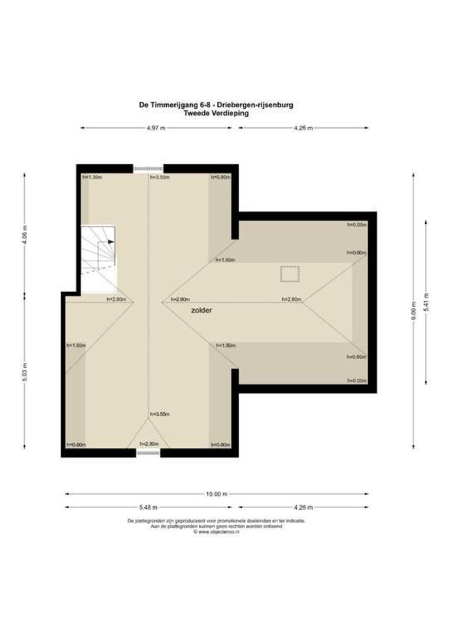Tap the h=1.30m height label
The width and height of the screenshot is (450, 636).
click(92, 177)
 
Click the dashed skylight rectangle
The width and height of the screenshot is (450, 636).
click(289, 274)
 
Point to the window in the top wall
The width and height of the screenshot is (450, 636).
click(148, 169)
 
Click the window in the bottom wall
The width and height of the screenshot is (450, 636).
click(148, 453)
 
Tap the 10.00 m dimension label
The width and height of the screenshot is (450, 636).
click(217, 494)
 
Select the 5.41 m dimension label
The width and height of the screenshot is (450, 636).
click(426, 302)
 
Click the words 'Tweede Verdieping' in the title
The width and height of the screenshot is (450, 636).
click(216, 114)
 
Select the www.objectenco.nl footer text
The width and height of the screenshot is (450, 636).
click(217, 532)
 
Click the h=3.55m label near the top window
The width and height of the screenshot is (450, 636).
click(160, 177)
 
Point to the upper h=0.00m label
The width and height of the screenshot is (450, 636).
click(356, 224)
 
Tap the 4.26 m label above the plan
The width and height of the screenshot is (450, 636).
click(302, 128)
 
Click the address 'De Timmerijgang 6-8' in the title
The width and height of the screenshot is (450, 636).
click(173, 106)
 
